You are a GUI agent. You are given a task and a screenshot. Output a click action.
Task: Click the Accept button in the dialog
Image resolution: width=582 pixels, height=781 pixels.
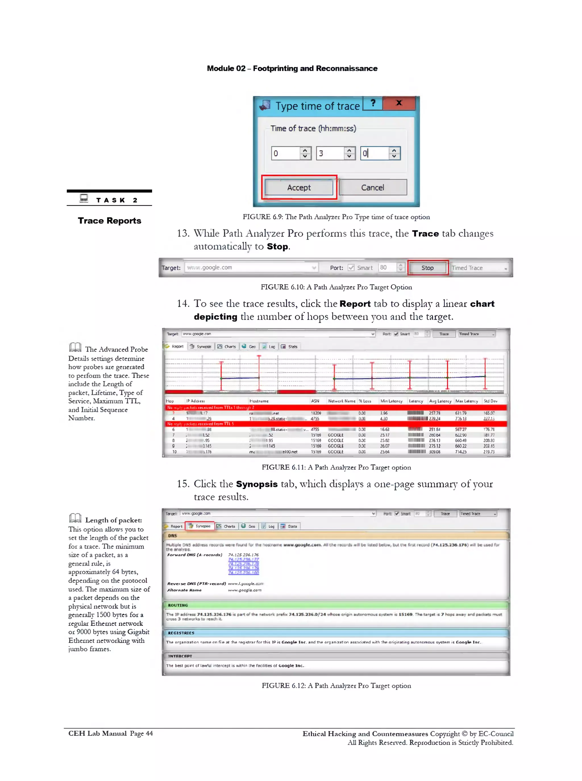click(x=299, y=187)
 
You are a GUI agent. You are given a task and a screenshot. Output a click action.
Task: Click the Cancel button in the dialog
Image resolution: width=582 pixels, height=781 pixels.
click(x=372, y=187)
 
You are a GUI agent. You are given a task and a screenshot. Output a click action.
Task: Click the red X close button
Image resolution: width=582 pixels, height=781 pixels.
click(x=399, y=103)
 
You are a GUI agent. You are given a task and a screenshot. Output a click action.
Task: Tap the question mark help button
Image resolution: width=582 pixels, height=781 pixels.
click(x=373, y=103)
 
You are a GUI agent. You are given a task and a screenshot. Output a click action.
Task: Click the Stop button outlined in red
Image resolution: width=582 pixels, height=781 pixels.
click(x=427, y=268)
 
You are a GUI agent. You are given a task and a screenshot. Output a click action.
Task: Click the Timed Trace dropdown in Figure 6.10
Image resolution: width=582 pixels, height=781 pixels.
click(x=479, y=268)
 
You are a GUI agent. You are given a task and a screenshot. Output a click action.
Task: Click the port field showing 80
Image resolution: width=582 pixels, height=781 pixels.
click(x=387, y=267)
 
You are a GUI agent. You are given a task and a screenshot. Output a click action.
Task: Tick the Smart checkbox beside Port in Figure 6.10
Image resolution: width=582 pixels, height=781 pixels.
click(x=351, y=268)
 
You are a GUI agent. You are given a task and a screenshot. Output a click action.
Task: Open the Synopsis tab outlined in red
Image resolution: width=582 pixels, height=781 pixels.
click(x=200, y=526)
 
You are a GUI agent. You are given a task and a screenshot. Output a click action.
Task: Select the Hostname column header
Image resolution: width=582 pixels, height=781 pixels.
click(x=259, y=401)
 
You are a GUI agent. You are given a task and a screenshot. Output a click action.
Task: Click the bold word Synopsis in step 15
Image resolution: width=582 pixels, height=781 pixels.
click(x=257, y=484)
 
